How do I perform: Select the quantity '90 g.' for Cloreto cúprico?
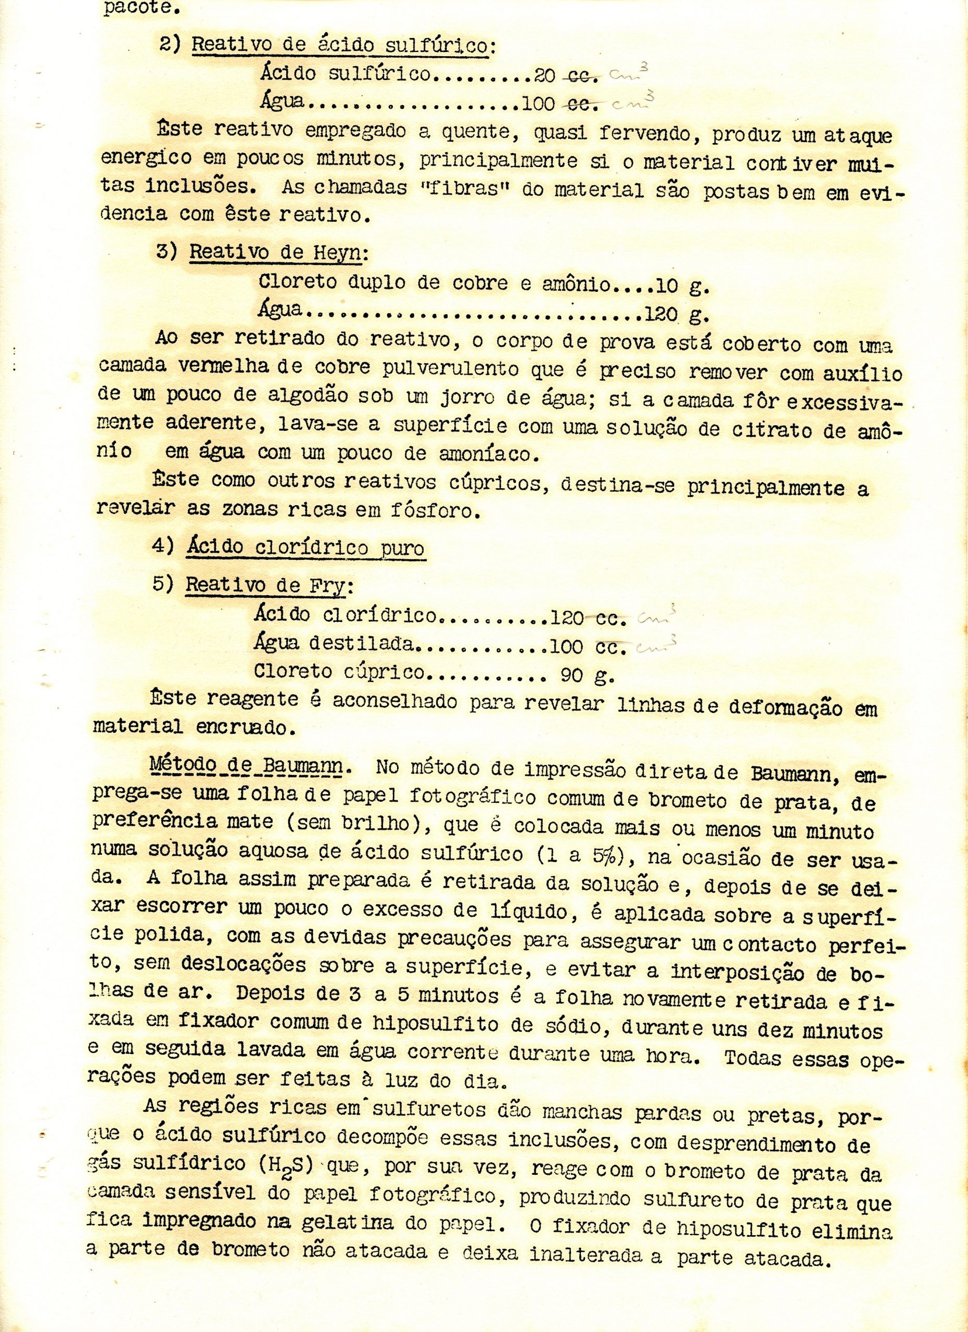(587, 675)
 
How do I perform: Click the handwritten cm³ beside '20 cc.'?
(629, 74)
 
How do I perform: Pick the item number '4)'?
(162, 546)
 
